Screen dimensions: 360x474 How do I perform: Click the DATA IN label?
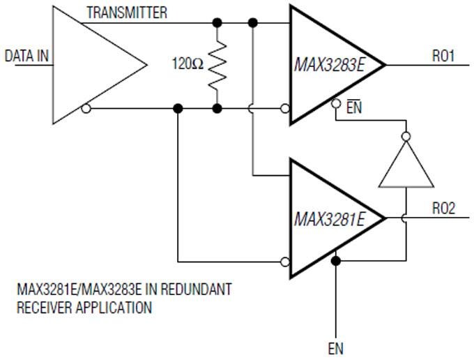pyautogui.click(x=27, y=55)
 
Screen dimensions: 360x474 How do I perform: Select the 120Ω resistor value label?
pyautogui.click(x=188, y=64)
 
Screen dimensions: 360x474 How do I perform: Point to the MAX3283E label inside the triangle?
pyautogui.click(x=330, y=65)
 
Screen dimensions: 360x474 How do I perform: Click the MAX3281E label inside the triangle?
pyautogui.click(x=329, y=219)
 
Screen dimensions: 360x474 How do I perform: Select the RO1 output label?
pyautogui.click(x=443, y=56)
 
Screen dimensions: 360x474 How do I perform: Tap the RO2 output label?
pyautogui.click(x=443, y=209)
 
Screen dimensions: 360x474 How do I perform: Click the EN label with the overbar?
pyautogui.click(x=353, y=109)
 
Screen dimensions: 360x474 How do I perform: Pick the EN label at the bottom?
pyautogui.click(x=336, y=348)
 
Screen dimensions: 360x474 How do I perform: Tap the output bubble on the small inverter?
pyautogui.click(x=406, y=137)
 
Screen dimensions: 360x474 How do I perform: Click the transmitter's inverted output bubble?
pyautogui.click(x=85, y=108)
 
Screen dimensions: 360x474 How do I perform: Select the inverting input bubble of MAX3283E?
pyautogui.click(x=284, y=108)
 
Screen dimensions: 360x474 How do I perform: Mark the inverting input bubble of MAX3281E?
pyautogui.click(x=284, y=262)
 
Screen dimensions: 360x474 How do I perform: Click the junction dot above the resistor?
pyautogui.click(x=217, y=23)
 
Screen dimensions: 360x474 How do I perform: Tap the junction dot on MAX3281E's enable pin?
pyautogui.click(x=336, y=261)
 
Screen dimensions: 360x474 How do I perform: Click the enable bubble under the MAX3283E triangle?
pyautogui.click(x=336, y=103)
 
